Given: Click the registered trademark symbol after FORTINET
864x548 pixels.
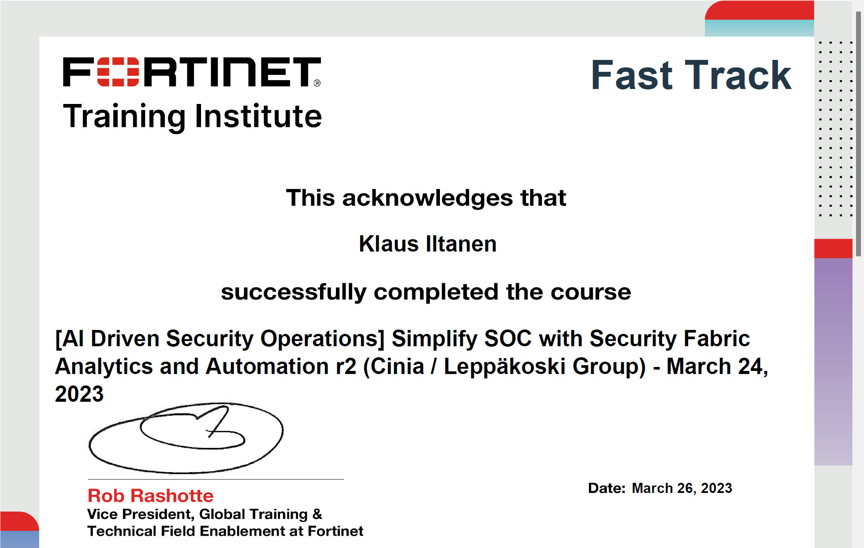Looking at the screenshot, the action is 317,83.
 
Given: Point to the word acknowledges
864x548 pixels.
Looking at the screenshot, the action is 428,198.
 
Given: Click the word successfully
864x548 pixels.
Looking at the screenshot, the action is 294,292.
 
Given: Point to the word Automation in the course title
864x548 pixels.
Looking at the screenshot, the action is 267,367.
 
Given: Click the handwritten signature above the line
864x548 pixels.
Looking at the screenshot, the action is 186,438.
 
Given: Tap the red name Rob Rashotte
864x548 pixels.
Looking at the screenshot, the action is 151,496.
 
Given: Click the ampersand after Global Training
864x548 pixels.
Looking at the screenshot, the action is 317,514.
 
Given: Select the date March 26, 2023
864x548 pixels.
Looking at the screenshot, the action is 682,488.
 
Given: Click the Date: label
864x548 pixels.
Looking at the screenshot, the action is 607,488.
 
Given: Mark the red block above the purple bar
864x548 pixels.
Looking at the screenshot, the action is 833,248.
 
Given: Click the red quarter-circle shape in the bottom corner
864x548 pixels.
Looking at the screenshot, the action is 19,521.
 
